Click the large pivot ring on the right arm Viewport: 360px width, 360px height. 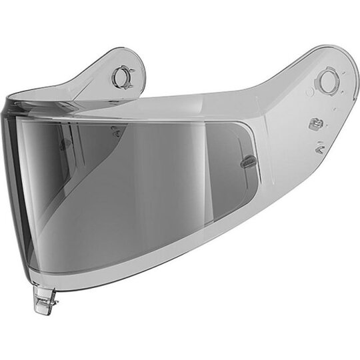(x=327, y=81)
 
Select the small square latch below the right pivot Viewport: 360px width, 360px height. (x=315, y=124)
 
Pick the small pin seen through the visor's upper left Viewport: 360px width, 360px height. (x=117, y=131)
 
